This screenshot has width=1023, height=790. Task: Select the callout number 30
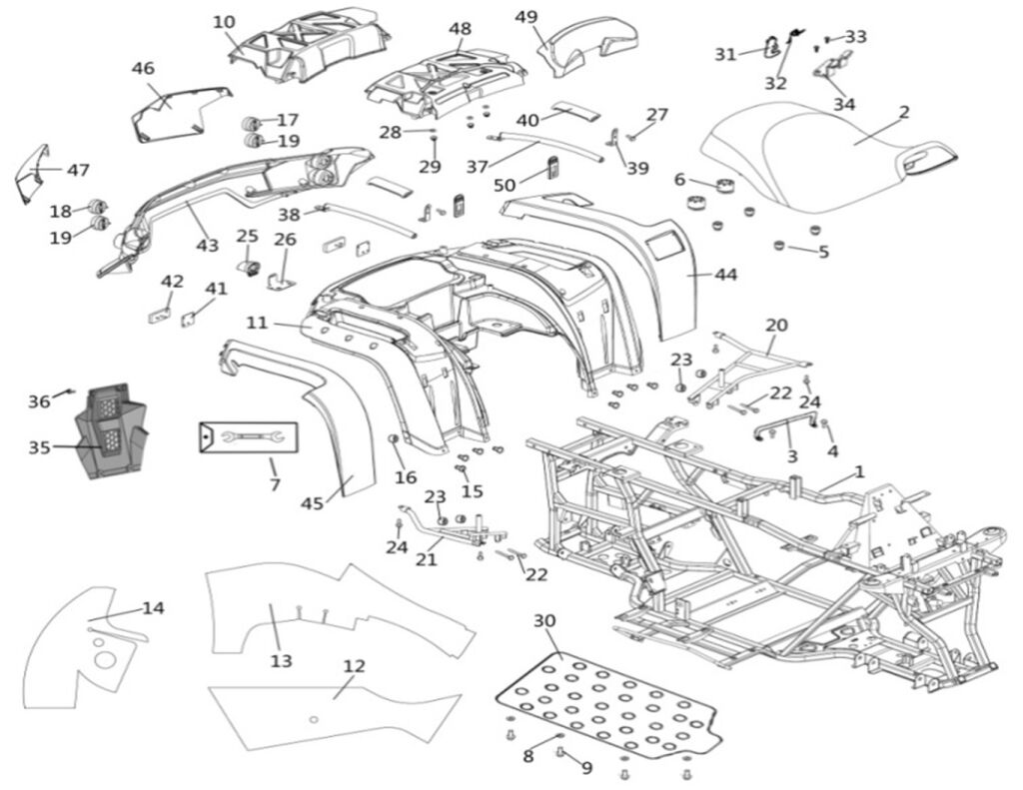click(544, 621)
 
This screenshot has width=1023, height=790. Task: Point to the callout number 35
click(39, 447)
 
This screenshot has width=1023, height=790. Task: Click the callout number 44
click(725, 274)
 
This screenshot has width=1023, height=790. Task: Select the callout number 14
click(153, 607)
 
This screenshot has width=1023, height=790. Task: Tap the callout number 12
click(354, 666)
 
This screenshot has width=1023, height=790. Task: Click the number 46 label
click(143, 68)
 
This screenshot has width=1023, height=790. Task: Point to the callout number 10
click(225, 22)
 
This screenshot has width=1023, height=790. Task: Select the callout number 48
click(460, 29)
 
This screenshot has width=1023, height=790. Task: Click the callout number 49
click(526, 17)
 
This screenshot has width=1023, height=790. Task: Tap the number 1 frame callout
click(859, 471)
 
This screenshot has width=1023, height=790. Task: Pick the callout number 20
click(776, 325)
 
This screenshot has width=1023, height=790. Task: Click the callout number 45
click(313, 503)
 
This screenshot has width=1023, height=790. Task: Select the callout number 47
click(78, 170)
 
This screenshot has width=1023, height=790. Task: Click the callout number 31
click(725, 54)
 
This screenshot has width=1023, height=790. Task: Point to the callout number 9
click(586, 768)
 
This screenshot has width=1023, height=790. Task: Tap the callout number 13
click(281, 660)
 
